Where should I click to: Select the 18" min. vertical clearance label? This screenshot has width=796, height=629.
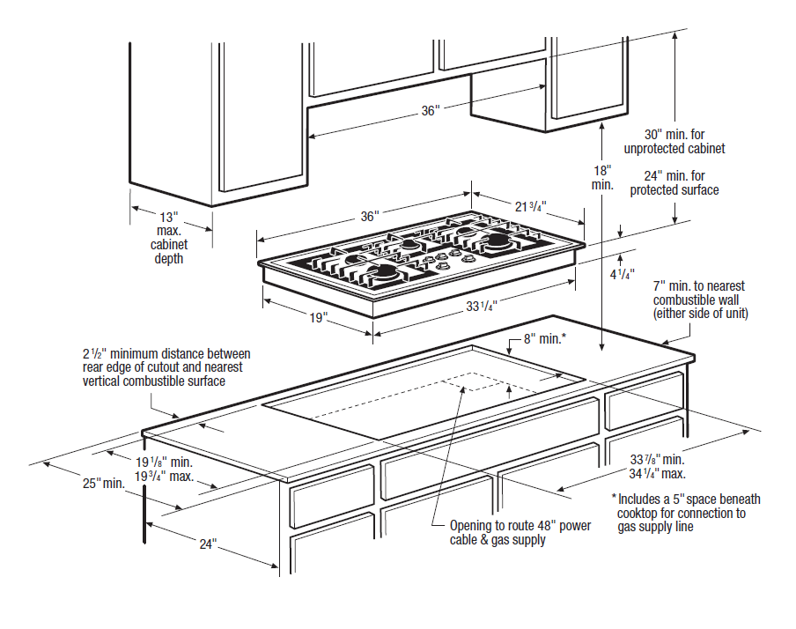(601, 178)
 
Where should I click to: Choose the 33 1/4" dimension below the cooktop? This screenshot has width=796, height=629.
(482, 307)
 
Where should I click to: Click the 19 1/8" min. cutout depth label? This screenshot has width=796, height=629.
(164, 461)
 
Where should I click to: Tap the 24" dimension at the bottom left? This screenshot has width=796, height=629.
(207, 544)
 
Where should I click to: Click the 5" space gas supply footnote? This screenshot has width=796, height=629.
(686, 513)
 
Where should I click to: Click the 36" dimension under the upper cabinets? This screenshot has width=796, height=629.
(429, 111)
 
